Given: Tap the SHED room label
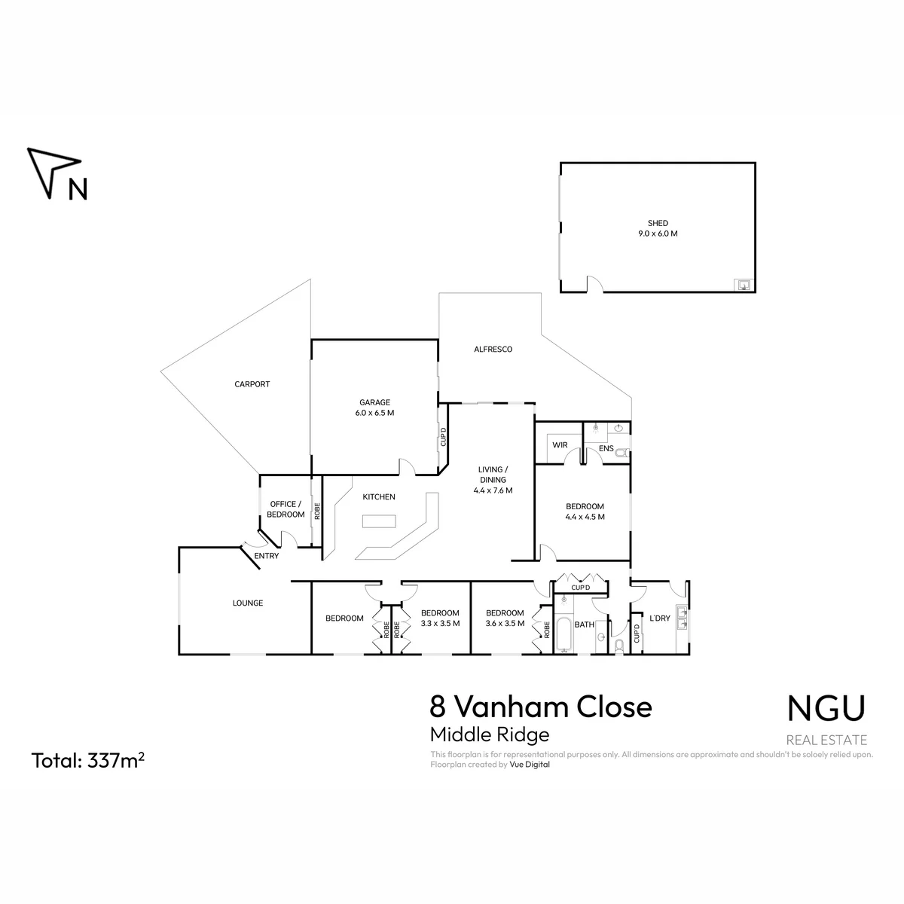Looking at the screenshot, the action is pyautogui.click(x=657, y=223).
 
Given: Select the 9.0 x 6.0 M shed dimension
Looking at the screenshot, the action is pyautogui.click(x=657, y=234).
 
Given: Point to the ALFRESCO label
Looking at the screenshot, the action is pyautogui.click(x=493, y=349).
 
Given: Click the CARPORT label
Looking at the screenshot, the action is pyautogui.click(x=252, y=384).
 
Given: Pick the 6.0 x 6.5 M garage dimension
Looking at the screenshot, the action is pyautogui.click(x=374, y=413).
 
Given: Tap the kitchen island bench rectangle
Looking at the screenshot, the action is pyautogui.click(x=379, y=521).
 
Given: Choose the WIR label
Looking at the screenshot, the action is pyautogui.click(x=560, y=444).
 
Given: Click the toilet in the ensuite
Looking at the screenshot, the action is pyautogui.click(x=622, y=454).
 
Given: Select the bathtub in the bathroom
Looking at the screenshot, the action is pyautogui.click(x=563, y=634).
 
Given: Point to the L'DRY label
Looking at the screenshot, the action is pyautogui.click(x=660, y=618).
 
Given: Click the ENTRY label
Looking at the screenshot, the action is pyautogui.click(x=266, y=556).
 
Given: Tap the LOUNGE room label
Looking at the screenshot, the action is pyautogui.click(x=248, y=603).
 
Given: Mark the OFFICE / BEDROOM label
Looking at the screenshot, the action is pyautogui.click(x=286, y=509).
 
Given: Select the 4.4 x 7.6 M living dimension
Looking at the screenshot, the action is pyautogui.click(x=493, y=490).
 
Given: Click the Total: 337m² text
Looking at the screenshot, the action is pyautogui.click(x=87, y=760).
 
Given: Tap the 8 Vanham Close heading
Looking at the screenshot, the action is pyautogui.click(x=541, y=707).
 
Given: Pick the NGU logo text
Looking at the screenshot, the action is pyautogui.click(x=826, y=708).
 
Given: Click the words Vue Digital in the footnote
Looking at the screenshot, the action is pyautogui.click(x=529, y=764).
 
